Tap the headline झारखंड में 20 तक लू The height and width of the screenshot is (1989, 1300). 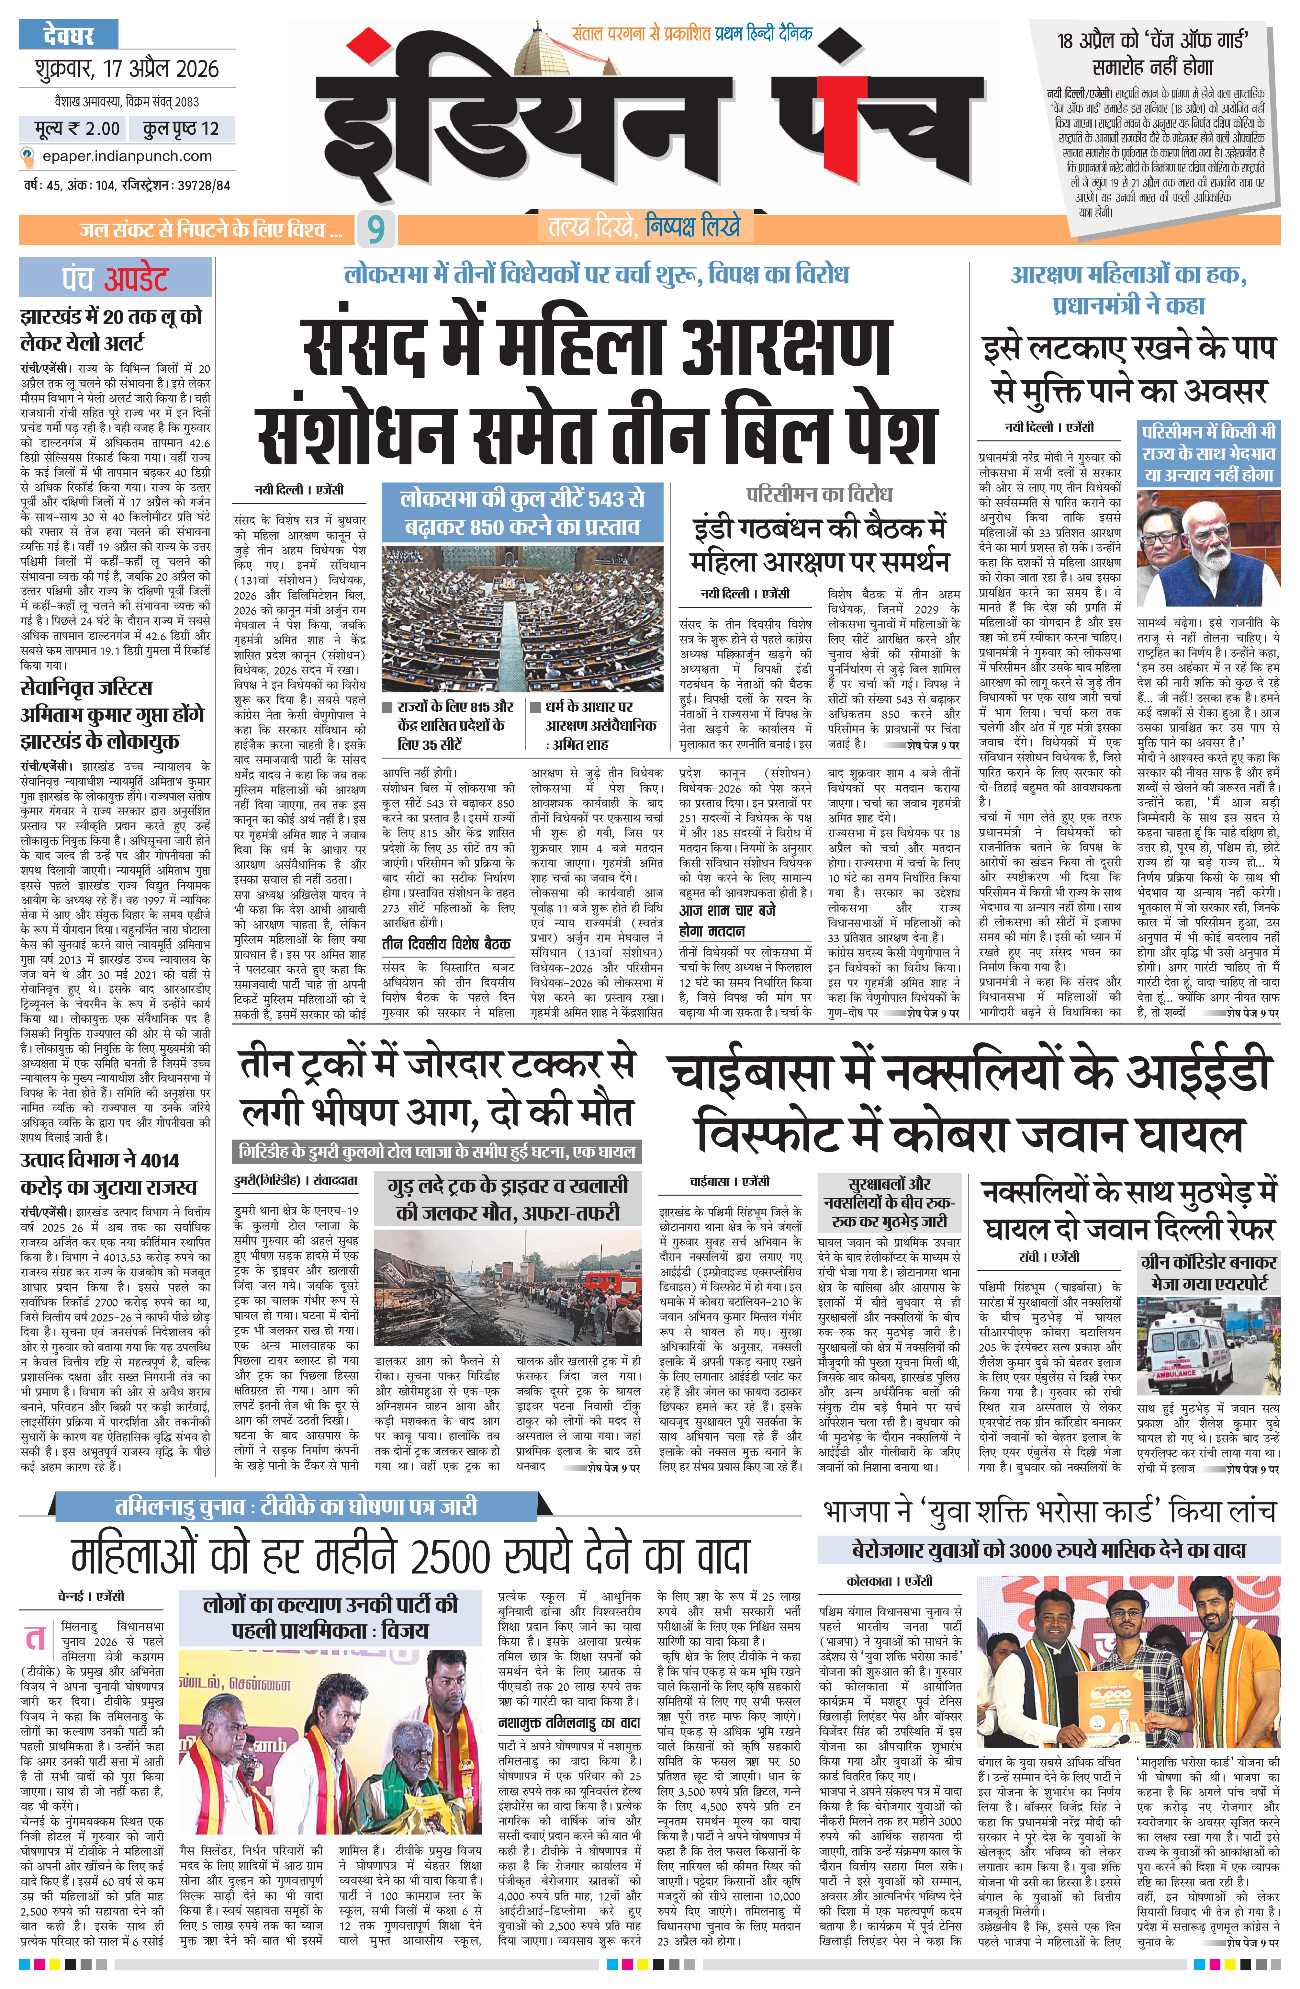(111, 329)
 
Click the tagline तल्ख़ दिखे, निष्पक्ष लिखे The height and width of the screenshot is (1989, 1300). (643, 227)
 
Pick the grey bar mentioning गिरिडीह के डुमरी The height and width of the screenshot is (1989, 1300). (437, 1151)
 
